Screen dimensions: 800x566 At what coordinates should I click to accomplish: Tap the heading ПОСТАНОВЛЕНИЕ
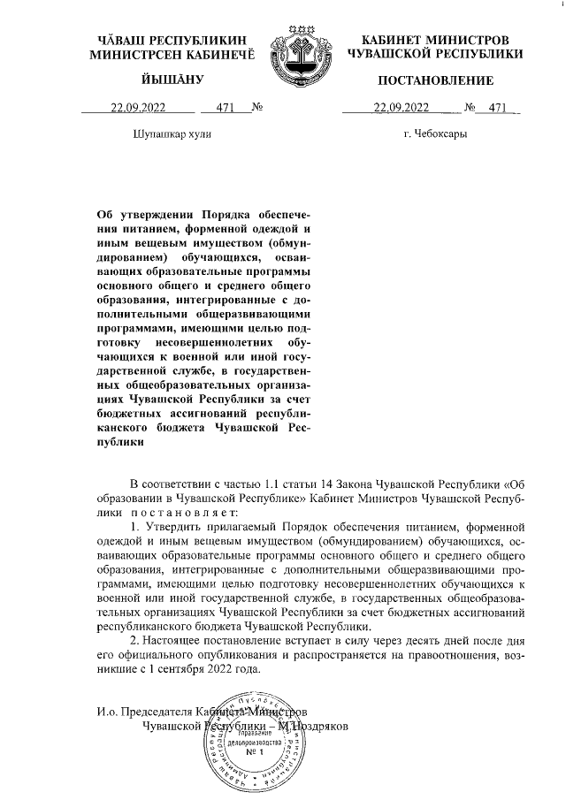435,81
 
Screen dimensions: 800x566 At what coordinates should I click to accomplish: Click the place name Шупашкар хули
172,133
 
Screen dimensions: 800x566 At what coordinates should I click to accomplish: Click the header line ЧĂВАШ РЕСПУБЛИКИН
172,41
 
